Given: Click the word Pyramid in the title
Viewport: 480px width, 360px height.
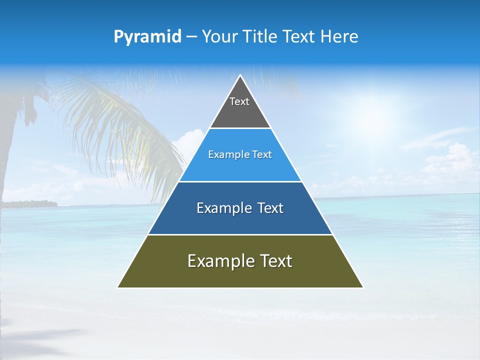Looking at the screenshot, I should (147, 37).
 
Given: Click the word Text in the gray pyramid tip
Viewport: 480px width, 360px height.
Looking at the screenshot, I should (239, 101).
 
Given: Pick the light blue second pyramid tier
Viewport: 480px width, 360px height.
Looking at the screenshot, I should (240, 167).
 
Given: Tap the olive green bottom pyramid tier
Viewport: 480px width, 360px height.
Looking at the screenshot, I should (240, 275).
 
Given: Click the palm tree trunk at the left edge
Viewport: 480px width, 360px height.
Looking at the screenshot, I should (10, 150).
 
